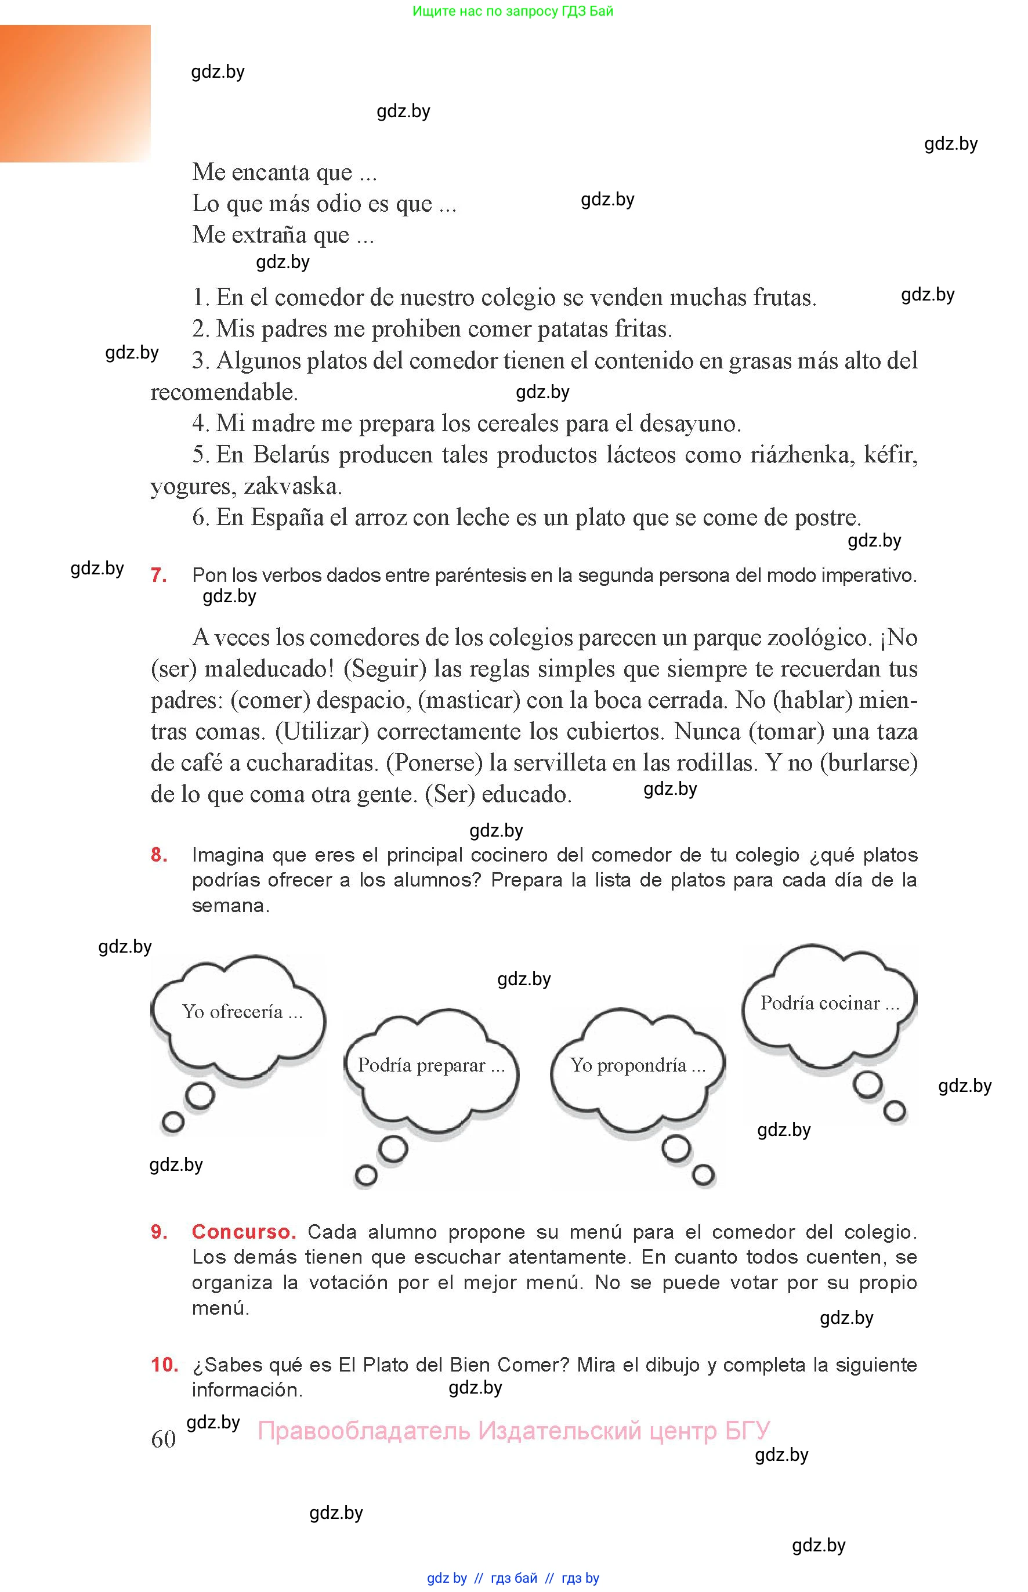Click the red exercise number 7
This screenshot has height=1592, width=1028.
pos(159,575)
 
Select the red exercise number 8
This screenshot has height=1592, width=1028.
pos(159,855)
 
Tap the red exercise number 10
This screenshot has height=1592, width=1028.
pos(164,1365)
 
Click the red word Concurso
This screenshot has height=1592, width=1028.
pos(244,1232)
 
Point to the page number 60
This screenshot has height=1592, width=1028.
pos(164,1438)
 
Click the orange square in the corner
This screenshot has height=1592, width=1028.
pos(75,93)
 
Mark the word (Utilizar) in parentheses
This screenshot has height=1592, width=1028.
pos(322,732)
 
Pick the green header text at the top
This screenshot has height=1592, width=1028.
pos(513,10)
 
